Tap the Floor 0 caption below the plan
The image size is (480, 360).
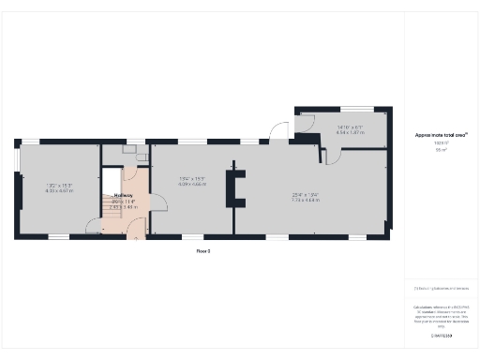[202, 251]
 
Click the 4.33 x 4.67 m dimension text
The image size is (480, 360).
[58, 190]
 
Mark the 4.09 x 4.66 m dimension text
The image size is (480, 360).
[191, 184]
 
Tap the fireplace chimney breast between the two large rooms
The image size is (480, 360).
[241, 187]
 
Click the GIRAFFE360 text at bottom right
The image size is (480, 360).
[441, 335]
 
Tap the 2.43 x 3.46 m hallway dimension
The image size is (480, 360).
[123, 206]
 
